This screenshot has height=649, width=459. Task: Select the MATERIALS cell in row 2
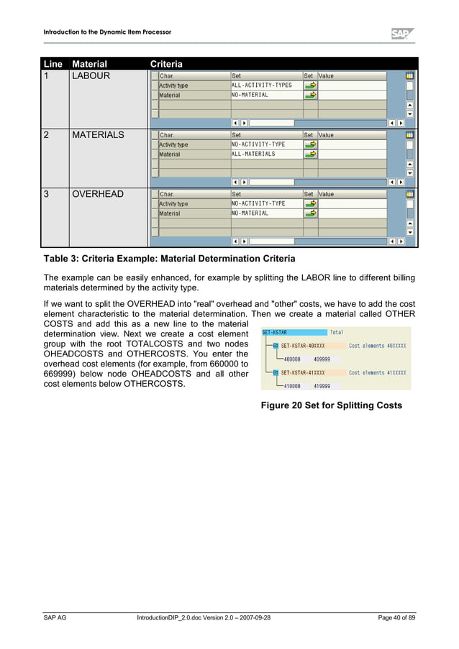(98, 135)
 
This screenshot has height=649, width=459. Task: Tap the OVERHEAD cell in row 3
(97, 194)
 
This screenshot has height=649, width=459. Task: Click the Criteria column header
(166, 64)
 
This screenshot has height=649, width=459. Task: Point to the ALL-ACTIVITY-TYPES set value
(262, 85)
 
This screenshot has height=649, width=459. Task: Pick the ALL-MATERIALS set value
(253, 154)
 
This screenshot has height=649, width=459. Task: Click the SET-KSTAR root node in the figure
(275, 332)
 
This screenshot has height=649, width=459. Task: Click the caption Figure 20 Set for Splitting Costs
(331, 405)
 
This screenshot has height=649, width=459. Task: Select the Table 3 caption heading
(169, 258)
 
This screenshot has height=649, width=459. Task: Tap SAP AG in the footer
(55, 618)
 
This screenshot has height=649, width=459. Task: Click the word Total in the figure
(337, 332)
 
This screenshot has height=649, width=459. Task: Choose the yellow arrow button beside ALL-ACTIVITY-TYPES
(310, 85)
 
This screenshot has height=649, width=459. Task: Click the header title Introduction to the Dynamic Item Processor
(107, 32)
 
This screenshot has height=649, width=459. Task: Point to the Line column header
(54, 64)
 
